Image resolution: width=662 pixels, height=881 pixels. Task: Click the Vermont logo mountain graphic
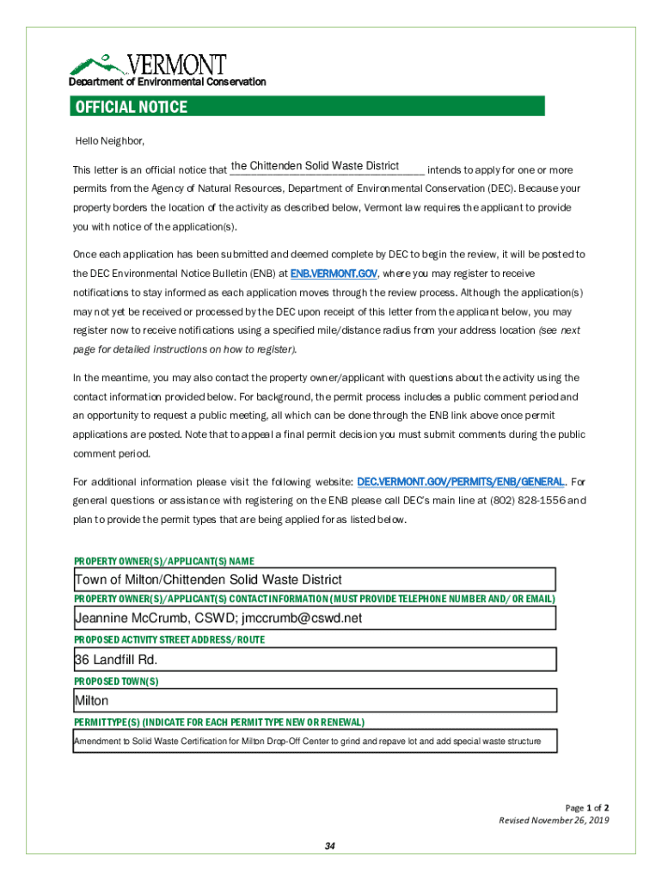pyautogui.click(x=98, y=64)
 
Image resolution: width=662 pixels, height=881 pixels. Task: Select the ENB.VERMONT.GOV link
pyautogui.click(x=334, y=273)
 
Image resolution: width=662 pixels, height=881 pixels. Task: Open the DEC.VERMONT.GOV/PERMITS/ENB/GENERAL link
pyautogui.click(x=461, y=482)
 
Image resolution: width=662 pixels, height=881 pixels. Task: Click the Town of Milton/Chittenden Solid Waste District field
pyautogui.click(x=314, y=580)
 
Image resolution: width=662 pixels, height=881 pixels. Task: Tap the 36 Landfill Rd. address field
pyautogui.click(x=314, y=660)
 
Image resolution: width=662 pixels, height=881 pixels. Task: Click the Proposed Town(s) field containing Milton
pyautogui.click(x=314, y=701)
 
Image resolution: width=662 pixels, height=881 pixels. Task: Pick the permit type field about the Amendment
pyautogui.click(x=314, y=742)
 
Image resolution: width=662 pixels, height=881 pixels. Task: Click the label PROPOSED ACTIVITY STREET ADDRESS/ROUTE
pyautogui.click(x=169, y=640)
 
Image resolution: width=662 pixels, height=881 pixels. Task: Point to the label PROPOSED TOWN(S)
pyautogui.click(x=116, y=681)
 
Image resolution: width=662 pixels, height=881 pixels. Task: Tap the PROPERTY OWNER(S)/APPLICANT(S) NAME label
pyautogui.click(x=163, y=561)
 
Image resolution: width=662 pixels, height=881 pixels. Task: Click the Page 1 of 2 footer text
pyautogui.click(x=586, y=808)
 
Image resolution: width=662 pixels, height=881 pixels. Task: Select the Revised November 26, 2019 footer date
pyautogui.click(x=554, y=821)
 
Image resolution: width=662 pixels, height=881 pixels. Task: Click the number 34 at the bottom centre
pyautogui.click(x=329, y=847)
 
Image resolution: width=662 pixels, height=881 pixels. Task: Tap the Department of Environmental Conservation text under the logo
pyautogui.click(x=168, y=82)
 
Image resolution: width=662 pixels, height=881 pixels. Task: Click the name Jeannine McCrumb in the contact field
pyautogui.click(x=128, y=618)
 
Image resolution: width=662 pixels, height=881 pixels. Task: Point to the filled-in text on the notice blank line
pyautogui.click(x=315, y=166)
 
